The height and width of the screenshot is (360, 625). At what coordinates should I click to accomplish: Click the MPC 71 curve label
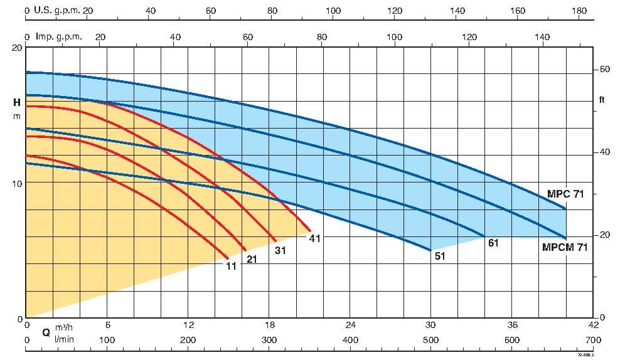[565, 194]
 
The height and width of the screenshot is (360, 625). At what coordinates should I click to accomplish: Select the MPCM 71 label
[565, 247]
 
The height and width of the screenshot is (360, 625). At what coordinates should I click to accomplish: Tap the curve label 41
[314, 238]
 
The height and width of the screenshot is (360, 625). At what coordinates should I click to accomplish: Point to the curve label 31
[280, 250]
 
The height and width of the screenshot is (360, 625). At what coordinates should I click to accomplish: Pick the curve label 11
[231, 265]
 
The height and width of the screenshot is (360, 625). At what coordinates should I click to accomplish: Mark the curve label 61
[493, 243]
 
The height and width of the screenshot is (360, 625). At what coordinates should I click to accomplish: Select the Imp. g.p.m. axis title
[60, 36]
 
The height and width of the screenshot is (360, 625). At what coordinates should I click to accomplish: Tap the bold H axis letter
[17, 102]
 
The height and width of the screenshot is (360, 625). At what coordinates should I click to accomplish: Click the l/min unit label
[64, 339]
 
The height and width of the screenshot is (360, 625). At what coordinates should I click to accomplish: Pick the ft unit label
[602, 99]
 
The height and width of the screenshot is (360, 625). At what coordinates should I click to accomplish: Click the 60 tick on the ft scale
[604, 69]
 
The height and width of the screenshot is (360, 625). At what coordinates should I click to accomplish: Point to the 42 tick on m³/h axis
[593, 326]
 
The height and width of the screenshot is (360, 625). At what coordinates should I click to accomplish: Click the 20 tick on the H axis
[17, 48]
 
